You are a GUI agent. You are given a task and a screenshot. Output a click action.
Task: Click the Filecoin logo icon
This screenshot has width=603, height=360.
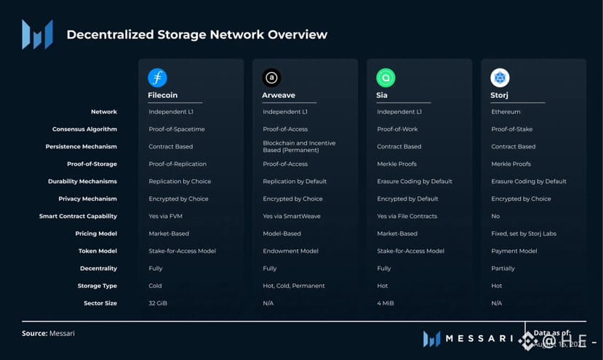coord(157,78)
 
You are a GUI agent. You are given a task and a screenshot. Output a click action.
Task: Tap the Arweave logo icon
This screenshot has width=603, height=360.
coord(272,78)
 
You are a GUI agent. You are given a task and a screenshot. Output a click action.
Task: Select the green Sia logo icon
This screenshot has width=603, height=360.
coord(386,78)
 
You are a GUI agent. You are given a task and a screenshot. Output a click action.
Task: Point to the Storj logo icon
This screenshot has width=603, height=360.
coord(500,78)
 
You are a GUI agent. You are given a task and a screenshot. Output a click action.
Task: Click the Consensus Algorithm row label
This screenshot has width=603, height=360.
coord(84,129)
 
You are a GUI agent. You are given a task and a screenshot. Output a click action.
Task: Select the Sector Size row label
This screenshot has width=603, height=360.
coord(100,303)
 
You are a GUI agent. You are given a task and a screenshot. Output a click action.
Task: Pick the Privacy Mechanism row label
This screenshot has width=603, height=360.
coord(88,199)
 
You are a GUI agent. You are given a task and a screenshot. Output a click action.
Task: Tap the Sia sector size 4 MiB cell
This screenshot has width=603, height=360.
coord(386,303)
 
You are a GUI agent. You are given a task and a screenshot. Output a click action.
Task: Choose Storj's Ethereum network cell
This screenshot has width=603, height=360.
coord(506,112)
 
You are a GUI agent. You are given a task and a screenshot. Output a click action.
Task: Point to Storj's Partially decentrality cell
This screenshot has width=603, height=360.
coord(503,268)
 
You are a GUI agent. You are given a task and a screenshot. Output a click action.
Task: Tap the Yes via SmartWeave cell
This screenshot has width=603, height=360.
coord(291,216)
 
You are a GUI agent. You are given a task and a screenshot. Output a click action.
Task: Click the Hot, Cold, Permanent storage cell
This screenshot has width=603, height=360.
coord(294,286)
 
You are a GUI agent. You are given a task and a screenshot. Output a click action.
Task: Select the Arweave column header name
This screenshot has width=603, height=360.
coord(278,95)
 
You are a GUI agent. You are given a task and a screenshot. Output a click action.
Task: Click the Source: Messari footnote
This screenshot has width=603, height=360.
coord(48,333)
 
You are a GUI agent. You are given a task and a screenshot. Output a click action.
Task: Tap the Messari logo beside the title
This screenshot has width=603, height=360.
coord(37,34)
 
